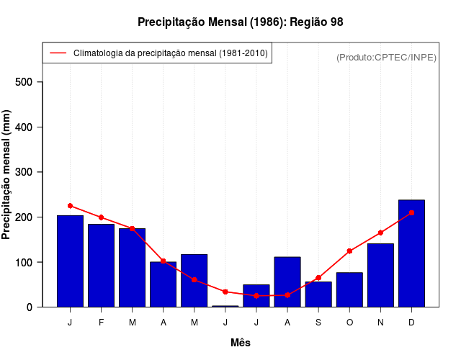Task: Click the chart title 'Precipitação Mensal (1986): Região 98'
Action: pyautogui.click(x=240, y=22)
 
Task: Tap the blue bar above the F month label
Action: pyautogui.click(x=101, y=266)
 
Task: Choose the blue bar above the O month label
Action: pyautogui.click(x=349, y=289)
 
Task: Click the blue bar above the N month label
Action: pyautogui.click(x=380, y=276)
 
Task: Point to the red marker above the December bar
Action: pyautogui.click(x=411, y=213)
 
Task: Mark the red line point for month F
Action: pyautogui.click(x=101, y=217)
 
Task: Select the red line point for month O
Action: pyautogui.click(x=349, y=251)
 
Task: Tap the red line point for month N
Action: pyautogui.click(x=380, y=233)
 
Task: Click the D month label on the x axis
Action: pyautogui.click(x=411, y=323)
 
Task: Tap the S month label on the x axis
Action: pyautogui.click(x=318, y=323)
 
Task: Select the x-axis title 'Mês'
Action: pyautogui.click(x=241, y=343)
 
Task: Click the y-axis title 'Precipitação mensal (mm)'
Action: pyautogui.click(x=7, y=174)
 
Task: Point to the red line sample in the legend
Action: pyautogui.click(x=58, y=53)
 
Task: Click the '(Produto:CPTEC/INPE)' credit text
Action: pyautogui.click(x=386, y=57)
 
